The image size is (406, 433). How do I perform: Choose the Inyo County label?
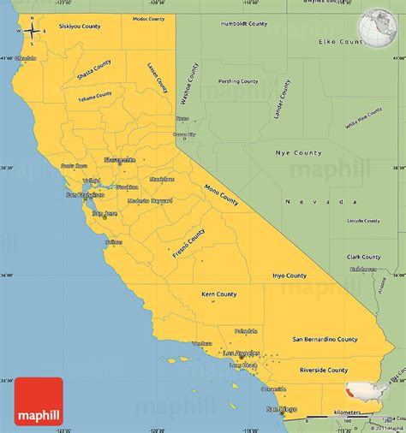[290, 276]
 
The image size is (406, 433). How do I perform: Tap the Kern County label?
[219, 294]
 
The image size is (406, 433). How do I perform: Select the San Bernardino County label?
[325, 339]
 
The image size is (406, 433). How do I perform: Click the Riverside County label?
[325, 371]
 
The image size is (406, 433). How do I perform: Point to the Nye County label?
[299, 152]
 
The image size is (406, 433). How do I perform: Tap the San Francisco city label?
[85, 195]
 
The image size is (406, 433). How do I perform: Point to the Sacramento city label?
[118, 160]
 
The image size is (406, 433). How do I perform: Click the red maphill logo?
[39, 400]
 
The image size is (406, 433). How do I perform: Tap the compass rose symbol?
[31, 32]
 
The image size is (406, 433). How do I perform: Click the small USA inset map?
[372, 389]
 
